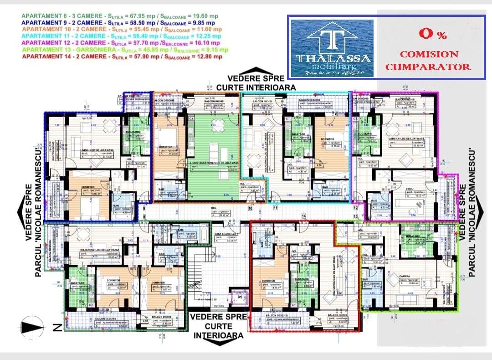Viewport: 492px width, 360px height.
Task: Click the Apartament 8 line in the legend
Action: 120,16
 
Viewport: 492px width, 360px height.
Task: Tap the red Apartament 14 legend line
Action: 122,57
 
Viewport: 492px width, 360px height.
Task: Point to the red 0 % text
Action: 433,34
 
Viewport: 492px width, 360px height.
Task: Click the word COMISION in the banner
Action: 429,54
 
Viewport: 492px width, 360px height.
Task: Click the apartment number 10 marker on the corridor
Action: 250,209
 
